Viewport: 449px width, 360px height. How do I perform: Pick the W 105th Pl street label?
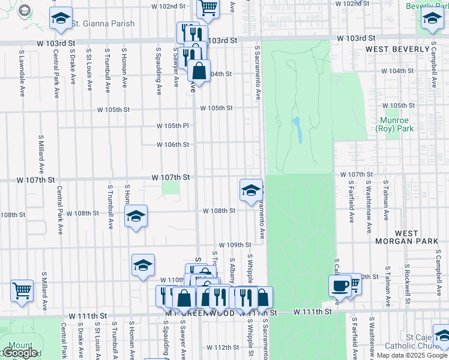pyautogui.click(x=173, y=126)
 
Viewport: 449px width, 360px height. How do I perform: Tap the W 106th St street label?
pyautogui.click(x=173, y=145)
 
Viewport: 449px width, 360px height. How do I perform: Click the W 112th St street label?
pyautogui.click(x=223, y=347)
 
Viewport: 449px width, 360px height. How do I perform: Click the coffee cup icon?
pyautogui.click(x=340, y=286)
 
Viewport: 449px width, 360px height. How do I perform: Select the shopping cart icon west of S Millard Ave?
pyautogui.click(x=22, y=290)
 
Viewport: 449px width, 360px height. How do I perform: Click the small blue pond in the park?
pyautogui.click(x=297, y=129)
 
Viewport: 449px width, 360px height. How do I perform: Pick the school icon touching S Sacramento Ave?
pyautogui.click(x=250, y=191)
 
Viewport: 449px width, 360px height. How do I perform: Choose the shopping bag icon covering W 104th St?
pyautogui.click(x=199, y=71)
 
